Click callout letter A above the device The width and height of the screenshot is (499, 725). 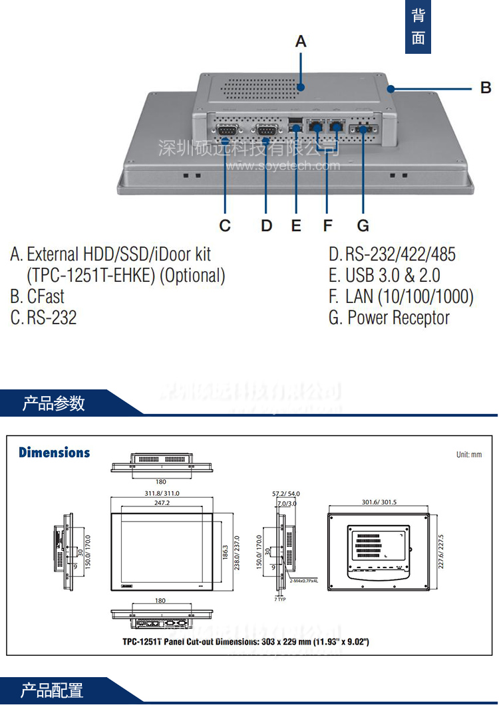(x=301, y=41)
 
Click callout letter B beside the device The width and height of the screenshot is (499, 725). (x=486, y=88)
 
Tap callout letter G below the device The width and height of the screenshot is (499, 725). (x=363, y=226)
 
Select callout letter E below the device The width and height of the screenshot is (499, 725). (x=296, y=226)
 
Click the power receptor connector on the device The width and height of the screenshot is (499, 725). (x=364, y=129)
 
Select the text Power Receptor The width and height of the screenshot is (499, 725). (x=399, y=318)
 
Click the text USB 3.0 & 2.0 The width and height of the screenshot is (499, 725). (x=393, y=275)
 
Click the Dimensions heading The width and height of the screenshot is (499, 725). (x=54, y=453)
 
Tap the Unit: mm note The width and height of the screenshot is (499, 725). (x=468, y=455)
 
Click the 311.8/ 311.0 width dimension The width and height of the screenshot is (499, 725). (x=162, y=493)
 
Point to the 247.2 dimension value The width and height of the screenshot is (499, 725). (x=161, y=504)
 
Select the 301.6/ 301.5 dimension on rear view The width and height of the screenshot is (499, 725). (x=379, y=502)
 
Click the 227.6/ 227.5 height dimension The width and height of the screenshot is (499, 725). (x=440, y=551)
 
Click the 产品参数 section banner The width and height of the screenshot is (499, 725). (x=53, y=403)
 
